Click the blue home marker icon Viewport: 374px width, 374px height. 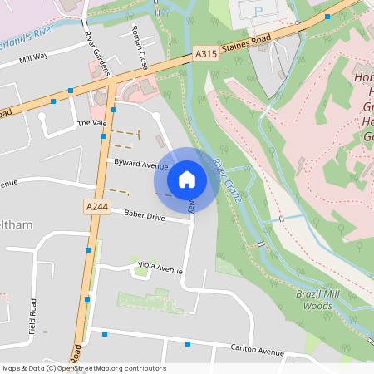click(x=187, y=179)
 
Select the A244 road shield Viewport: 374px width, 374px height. click(x=95, y=204)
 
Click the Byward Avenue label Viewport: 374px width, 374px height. click(x=141, y=165)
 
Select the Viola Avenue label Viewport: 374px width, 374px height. click(x=160, y=268)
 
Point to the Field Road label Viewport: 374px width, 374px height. click(x=33, y=317)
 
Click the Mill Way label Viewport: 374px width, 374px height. click(x=34, y=57)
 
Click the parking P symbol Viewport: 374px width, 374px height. click(x=258, y=11)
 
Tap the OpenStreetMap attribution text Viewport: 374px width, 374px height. click(x=83, y=368)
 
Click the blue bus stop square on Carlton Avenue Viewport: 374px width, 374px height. click(x=188, y=343)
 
